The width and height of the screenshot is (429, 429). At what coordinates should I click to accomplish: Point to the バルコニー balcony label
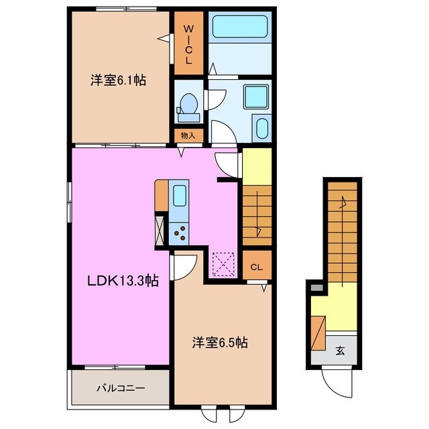click(120, 388)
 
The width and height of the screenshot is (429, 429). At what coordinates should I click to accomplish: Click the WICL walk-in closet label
click(188, 45)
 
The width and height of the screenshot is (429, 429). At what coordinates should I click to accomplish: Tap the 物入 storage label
click(188, 135)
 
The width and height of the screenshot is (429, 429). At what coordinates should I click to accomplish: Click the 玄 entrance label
click(341, 351)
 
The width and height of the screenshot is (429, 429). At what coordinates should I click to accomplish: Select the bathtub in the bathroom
click(240, 27)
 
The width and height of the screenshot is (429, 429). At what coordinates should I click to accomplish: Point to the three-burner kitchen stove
click(180, 233)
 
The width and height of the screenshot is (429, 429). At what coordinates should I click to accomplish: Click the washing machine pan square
click(255, 98)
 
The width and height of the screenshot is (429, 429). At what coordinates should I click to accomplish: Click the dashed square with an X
click(222, 263)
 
